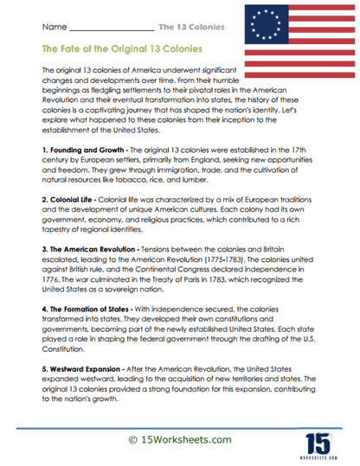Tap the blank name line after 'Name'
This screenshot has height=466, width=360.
[112, 28]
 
